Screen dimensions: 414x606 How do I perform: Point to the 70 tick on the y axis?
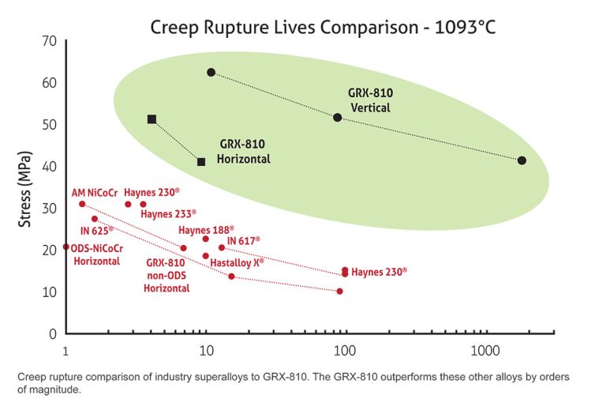(x=48, y=40)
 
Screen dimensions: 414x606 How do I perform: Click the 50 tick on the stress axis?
(x=48, y=124)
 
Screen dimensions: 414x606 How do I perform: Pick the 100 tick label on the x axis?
(x=344, y=349)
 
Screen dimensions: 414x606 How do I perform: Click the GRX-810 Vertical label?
(x=370, y=100)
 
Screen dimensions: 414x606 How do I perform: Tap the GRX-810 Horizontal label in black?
(x=244, y=151)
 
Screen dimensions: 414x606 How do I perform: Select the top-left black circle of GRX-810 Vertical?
(x=211, y=73)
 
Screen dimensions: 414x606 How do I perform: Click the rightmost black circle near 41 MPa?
(x=522, y=160)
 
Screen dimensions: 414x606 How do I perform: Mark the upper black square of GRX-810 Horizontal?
(x=152, y=119)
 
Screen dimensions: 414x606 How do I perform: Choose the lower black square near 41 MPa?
(x=201, y=162)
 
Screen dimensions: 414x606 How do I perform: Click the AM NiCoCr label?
(x=93, y=192)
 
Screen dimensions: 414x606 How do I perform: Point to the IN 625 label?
(x=96, y=231)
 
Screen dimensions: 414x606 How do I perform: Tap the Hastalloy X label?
(x=237, y=262)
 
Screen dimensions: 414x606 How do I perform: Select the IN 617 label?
(x=243, y=240)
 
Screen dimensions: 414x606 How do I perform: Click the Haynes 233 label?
(x=168, y=213)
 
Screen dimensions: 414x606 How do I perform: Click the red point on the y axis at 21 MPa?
(x=66, y=247)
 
